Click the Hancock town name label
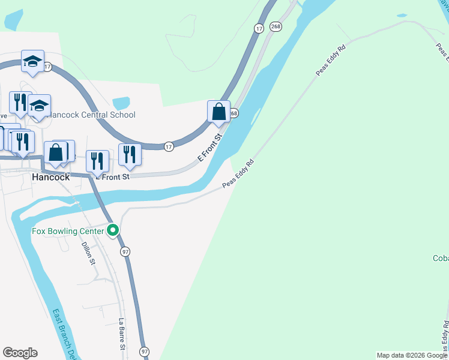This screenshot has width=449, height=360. pos(50,178)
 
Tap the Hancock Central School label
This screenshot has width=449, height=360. pos(92,115)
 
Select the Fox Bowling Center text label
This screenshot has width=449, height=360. pos(68,230)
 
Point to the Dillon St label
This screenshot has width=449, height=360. pos(89,253)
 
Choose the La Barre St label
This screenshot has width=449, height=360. pos(121,334)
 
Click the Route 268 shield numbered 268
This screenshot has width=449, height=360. pos(276,26)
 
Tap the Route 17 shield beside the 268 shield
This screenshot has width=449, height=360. pos(259,28)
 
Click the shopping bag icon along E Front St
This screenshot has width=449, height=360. pos(219,112)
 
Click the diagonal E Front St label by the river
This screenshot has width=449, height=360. pos(210,148)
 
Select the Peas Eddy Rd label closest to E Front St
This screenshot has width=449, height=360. pos(238,173)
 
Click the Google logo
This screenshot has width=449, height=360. pos(20,353)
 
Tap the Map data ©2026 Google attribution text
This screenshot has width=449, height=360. pos(411,355)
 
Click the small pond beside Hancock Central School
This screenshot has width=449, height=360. pos(121,103)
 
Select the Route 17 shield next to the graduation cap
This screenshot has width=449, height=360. pos(47,67)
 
